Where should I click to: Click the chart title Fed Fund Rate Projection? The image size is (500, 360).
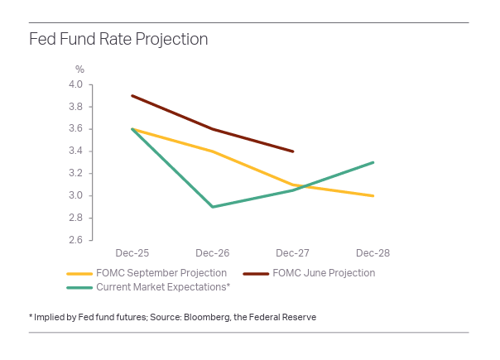tap(118, 40)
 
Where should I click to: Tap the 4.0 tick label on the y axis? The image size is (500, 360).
tap(75, 84)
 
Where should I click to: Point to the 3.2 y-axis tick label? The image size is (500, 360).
tap(75, 174)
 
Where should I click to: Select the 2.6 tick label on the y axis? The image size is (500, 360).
tap(75, 241)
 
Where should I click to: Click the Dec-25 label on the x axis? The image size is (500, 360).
tap(132, 251)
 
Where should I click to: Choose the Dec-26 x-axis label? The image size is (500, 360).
tap(213, 251)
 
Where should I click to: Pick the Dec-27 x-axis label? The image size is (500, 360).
tap(293, 251)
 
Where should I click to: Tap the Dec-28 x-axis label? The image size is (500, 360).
tap(373, 251)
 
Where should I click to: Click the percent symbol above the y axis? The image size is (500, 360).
tap(80, 70)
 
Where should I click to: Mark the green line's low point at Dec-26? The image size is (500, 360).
tap(213, 207)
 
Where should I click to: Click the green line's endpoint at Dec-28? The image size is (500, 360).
tap(373, 162)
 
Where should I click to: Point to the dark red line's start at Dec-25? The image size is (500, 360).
tap(132, 95)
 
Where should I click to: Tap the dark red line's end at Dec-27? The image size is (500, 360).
tap(293, 151)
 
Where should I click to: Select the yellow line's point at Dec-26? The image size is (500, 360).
tap(213, 151)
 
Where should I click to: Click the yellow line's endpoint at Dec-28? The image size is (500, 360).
tap(373, 196)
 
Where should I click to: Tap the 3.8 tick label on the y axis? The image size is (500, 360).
tap(75, 107)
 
